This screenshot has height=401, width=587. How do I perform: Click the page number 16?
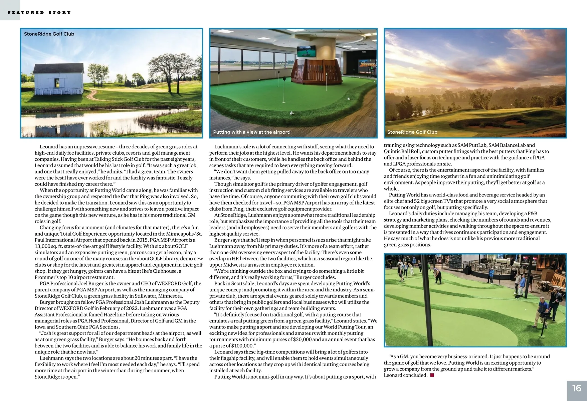[577, 388]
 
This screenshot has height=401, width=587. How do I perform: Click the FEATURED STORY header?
[39, 13]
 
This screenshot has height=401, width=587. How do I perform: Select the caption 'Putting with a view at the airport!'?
[252, 132]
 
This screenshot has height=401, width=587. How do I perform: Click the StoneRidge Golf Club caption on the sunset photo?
[412, 132]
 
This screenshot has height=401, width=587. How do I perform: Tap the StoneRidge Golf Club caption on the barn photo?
[49, 34]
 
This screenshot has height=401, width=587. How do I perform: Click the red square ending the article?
[432, 375]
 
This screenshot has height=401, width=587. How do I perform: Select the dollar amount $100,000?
[242, 346]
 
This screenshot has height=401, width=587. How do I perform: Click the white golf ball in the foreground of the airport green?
[291, 113]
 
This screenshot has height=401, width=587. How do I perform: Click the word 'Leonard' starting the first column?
[49, 147]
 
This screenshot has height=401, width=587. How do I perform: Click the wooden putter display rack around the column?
[316, 72]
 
